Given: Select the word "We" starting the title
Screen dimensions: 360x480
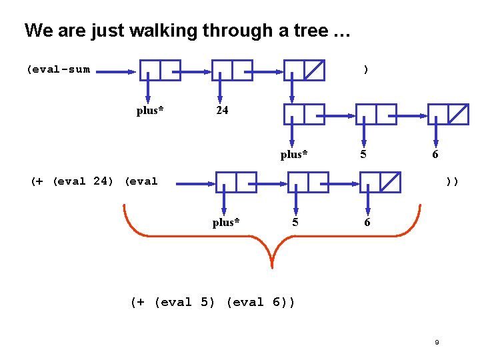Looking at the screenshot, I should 36,31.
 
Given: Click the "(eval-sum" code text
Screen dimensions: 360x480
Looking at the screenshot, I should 58,69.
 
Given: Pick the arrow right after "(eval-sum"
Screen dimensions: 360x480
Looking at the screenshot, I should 117,69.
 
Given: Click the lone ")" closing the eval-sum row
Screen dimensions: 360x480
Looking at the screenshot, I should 365,69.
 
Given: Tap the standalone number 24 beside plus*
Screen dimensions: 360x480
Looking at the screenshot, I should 222,111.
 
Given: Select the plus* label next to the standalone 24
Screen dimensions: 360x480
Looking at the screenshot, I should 150,111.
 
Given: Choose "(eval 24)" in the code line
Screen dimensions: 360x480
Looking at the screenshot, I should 83,180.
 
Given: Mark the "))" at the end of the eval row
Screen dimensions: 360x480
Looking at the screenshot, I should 452,180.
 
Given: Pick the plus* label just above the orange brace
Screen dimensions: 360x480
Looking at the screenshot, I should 226,223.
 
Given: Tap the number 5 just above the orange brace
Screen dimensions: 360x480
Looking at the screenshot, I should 295,223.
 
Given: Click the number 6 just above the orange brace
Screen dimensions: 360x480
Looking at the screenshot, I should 367,223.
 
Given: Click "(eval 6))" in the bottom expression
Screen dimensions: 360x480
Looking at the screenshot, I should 260,302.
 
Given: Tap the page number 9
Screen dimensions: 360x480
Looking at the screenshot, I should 437,343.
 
